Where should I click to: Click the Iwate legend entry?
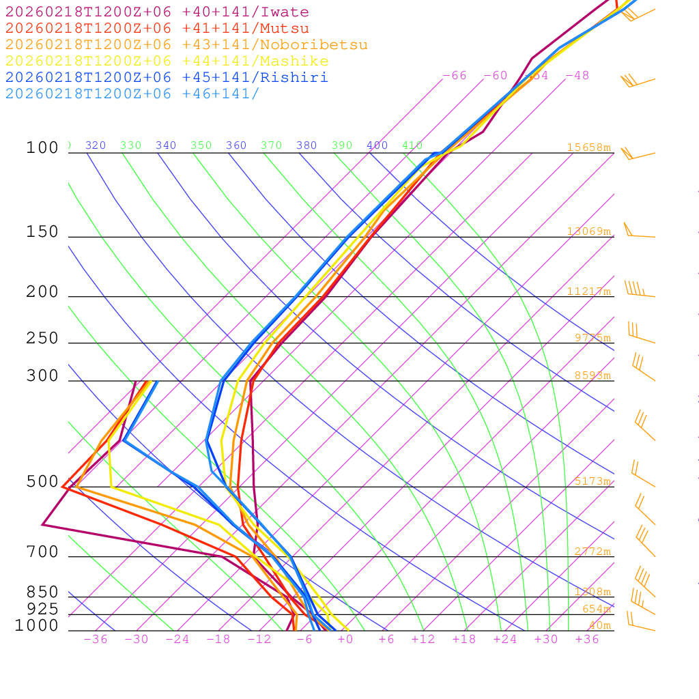point(157,12)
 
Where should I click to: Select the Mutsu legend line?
point(157,29)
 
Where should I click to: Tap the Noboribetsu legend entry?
point(186,45)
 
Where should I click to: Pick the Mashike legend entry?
point(167,61)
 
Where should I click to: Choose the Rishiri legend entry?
point(167,77)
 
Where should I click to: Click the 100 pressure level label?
point(42,148)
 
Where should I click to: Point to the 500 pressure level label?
point(42,482)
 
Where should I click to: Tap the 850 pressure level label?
point(42,593)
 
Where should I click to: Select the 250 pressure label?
point(42,339)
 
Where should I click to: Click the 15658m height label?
point(588,147)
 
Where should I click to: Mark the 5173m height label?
point(592,481)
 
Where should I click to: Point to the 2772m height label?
point(592,552)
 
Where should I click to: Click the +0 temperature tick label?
point(345,640)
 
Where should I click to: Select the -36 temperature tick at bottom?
point(95,640)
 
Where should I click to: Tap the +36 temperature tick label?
point(586,640)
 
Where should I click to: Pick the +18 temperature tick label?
point(463,640)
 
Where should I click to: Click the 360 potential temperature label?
point(236,145)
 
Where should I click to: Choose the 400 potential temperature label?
point(377,145)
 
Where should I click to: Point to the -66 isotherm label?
point(455,76)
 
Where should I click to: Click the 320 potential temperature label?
point(96,145)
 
